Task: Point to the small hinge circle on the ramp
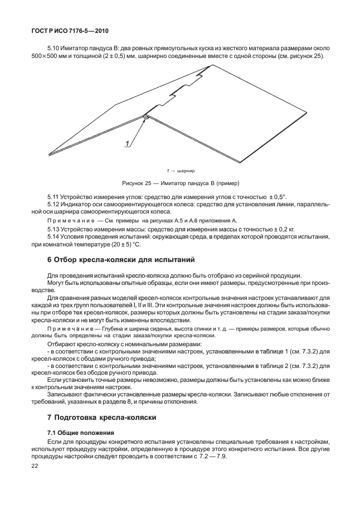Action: pos(145,117)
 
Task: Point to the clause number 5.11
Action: pos(53,197)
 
